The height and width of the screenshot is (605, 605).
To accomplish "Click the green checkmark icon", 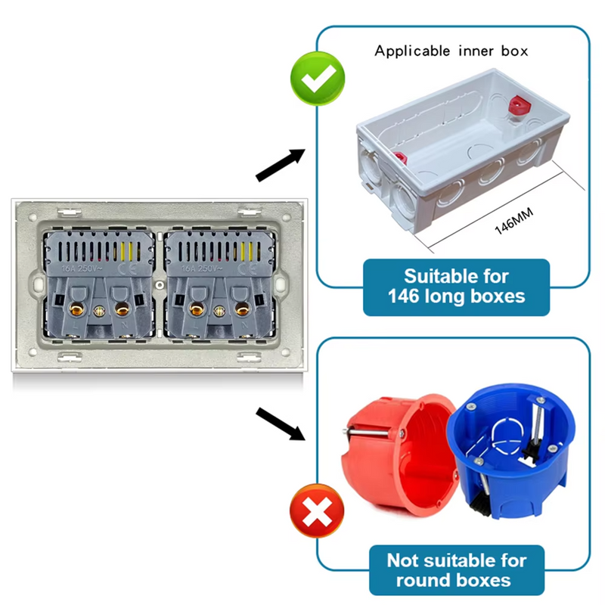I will coord(318,79).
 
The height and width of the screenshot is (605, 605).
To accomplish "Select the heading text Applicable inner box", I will coord(451,51).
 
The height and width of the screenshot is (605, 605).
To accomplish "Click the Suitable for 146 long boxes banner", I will coord(456,287).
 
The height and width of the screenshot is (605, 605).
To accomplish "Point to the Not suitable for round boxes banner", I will coord(456,570).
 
